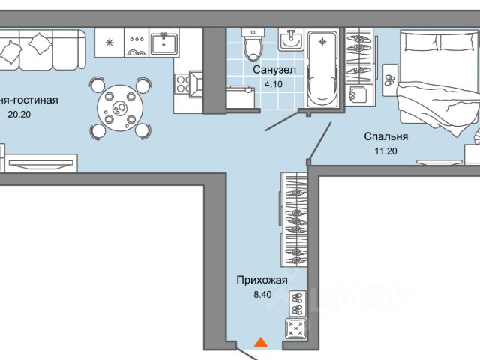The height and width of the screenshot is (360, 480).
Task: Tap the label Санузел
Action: click(x=274, y=70)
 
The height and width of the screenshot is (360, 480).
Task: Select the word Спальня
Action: click(x=385, y=136)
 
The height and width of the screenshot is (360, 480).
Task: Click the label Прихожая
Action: click(x=262, y=280)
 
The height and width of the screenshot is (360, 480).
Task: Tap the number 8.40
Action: click(x=262, y=294)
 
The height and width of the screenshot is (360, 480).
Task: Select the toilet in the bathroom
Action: click(x=254, y=46)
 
